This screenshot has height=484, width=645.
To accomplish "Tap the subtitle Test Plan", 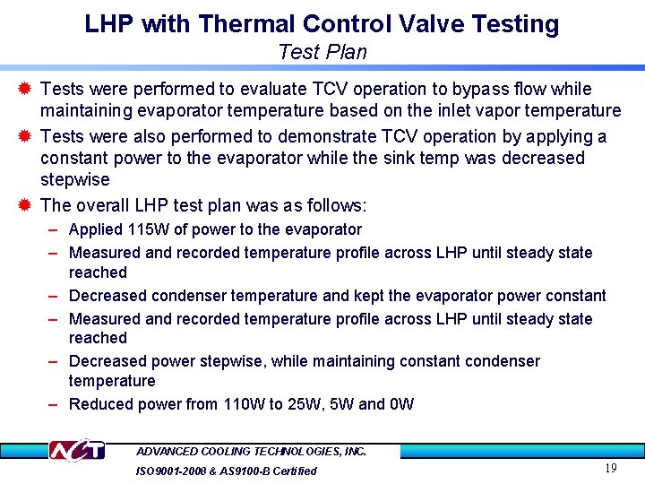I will pos(322,52).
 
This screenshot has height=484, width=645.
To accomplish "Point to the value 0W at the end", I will pos(403,404).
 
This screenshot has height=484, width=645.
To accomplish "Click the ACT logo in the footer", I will pos(76,450).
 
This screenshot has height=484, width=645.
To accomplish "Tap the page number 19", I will pos(611,468).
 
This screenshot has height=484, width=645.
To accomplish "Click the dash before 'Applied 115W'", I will pos(55,230).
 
